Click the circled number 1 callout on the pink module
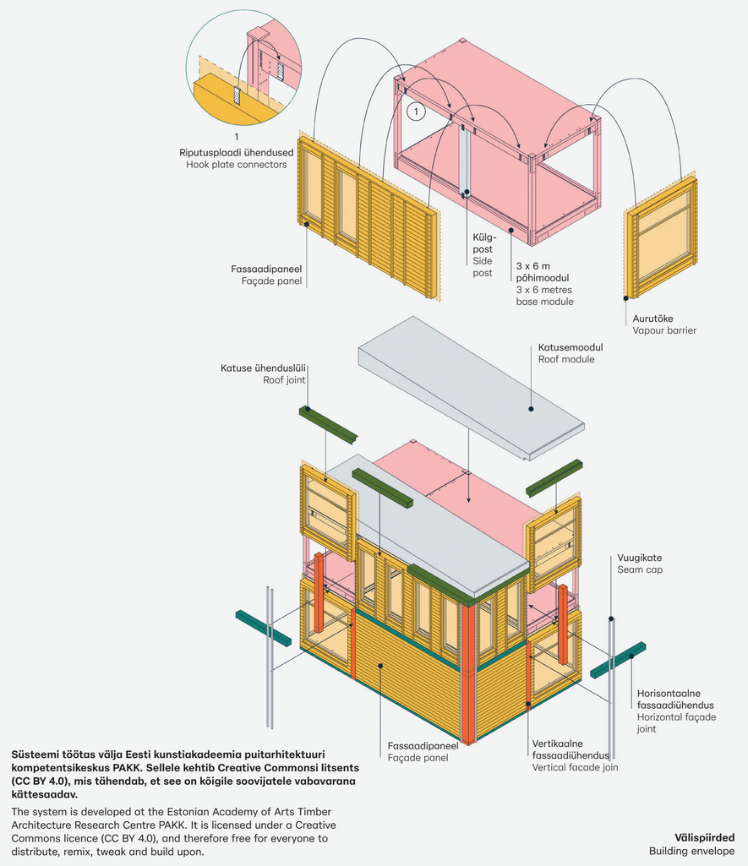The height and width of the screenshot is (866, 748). [x=415, y=111]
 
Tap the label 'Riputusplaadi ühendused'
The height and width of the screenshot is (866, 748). [x=236, y=152]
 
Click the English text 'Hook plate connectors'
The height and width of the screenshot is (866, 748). [x=236, y=164]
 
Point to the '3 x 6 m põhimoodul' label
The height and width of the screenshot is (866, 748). [x=544, y=271]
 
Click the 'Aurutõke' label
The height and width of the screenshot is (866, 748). [x=652, y=319]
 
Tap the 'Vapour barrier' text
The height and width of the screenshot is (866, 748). [x=664, y=330]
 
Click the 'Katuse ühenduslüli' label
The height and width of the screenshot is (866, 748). [x=263, y=368]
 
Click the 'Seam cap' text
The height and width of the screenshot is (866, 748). [x=639, y=570]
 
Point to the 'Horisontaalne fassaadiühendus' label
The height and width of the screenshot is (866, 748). [x=675, y=699]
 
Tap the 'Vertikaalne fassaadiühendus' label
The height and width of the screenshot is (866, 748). [x=571, y=749]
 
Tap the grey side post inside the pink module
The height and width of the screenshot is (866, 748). [x=464, y=160]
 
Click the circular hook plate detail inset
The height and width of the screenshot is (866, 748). [x=243, y=66]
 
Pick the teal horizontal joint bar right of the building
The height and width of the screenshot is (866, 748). [x=617, y=660]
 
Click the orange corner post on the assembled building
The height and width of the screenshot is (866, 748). [x=467, y=675]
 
